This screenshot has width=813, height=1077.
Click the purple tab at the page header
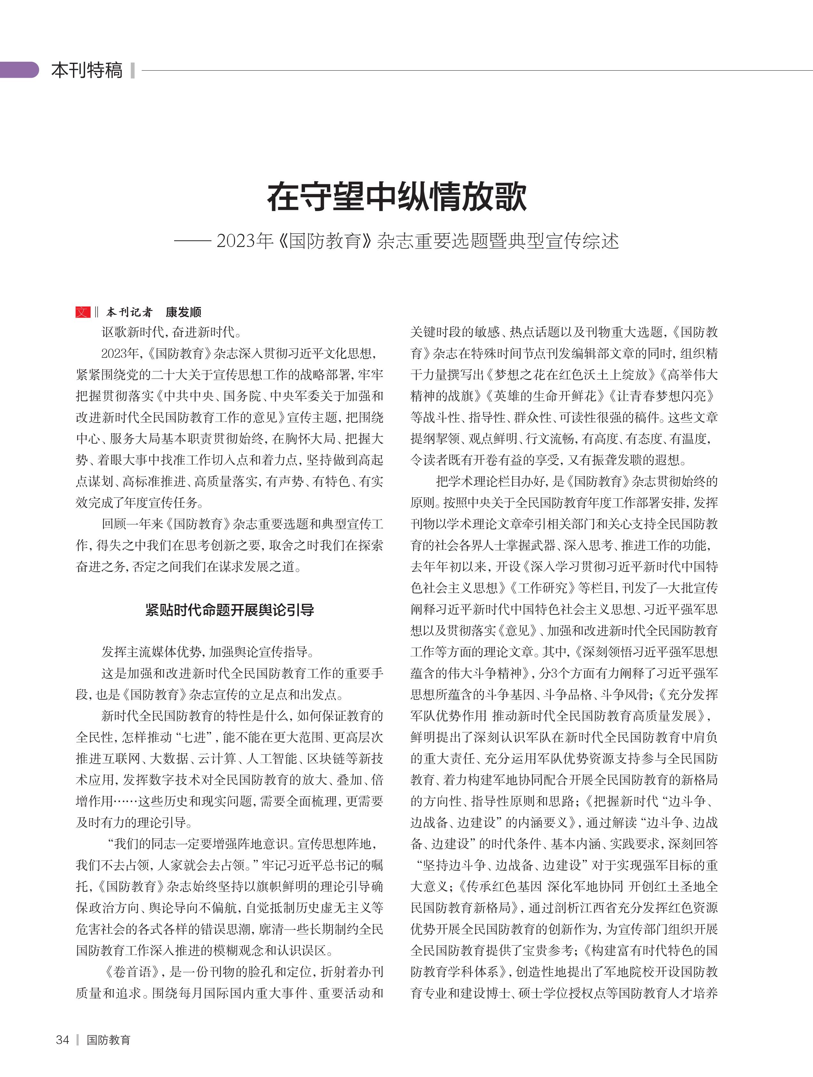point(20,70)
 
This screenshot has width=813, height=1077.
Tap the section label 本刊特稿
point(87,70)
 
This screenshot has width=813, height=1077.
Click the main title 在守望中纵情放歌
point(397,197)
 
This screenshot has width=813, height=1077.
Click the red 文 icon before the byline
point(83,312)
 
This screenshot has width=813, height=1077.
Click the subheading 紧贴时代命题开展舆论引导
point(229,610)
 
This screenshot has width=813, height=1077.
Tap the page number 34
point(62,1040)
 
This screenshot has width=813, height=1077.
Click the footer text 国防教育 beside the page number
point(108,1040)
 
